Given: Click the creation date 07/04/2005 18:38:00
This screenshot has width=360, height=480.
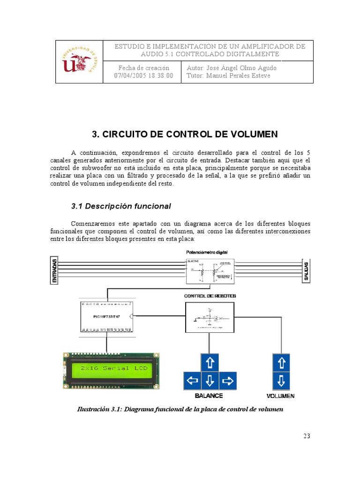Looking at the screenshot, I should coord(144,75).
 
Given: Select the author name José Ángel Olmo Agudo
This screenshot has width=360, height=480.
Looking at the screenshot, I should coord(232,67).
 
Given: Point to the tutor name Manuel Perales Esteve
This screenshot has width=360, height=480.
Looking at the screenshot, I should coord(228,75).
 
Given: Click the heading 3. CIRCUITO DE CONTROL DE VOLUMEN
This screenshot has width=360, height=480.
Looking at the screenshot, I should coord(185,135).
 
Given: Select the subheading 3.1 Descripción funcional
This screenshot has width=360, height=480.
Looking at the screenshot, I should coord(121,206).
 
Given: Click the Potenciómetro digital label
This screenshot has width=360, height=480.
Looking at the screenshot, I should coord(207,252).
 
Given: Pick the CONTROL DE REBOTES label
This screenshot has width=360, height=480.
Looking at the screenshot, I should coord(210,296).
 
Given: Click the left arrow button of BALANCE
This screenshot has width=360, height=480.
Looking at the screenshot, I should coord(192,380).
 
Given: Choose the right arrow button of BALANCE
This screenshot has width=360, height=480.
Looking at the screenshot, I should coord(227,380).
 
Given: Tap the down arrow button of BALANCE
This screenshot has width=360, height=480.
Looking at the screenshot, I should coord(210,380).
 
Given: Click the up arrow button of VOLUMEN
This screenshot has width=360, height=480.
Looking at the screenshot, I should coord(281,362).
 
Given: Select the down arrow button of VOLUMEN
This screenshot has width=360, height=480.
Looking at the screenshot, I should coord(281,380).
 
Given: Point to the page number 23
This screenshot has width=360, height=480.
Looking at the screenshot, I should coord(307,436).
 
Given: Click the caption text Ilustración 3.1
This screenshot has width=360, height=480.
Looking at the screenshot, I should coord(180,409).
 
